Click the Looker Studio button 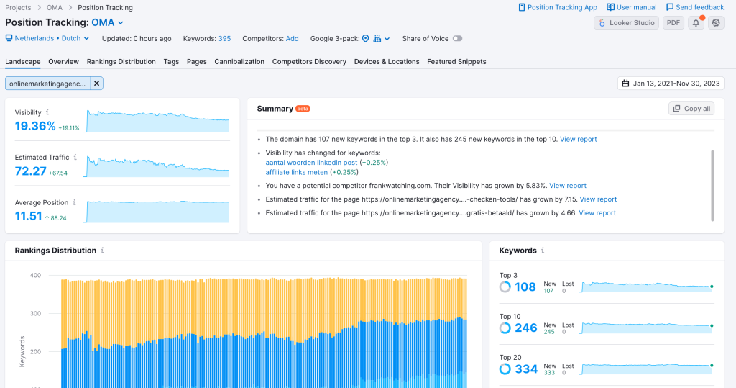click(x=625, y=23)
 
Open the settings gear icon click(x=716, y=23)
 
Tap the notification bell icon click(x=696, y=23)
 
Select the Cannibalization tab click(x=239, y=62)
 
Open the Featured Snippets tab click(x=456, y=62)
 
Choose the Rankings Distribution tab click(x=121, y=62)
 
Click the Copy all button click(x=691, y=109)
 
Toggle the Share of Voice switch click(x=457, y=39)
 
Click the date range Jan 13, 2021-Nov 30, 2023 click(x=670, y=84)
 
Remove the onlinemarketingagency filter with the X click(x=97, y=84)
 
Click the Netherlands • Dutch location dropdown click(x=47, y=39)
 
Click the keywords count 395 click(x=224, y=39)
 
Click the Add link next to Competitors click(x=292, y=39)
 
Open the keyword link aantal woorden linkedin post click(x=311, y=163)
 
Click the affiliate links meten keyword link click(x=296, y=172)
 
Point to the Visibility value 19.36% click(x=35, y=127)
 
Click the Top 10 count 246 click(x=526, y=328)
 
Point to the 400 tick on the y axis click(x=35, y=275)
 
